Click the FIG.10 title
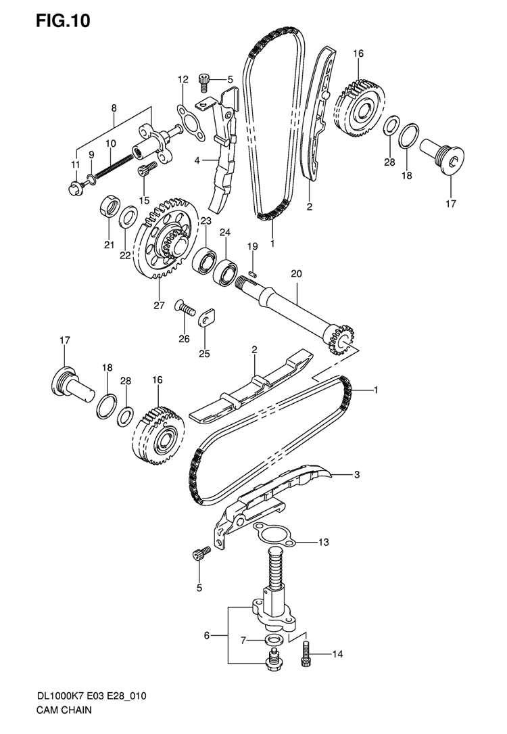[63, 21]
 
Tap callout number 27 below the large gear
[159, 305]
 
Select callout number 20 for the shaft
[297, 273]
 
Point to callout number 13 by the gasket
[324, 542]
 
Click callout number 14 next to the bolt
[337, 654]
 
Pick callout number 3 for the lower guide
[356, 475]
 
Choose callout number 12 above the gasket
[183, 79]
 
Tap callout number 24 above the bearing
[225, 232]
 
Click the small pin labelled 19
[253, 273]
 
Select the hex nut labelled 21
[109, 206]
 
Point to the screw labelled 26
[185, 308]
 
